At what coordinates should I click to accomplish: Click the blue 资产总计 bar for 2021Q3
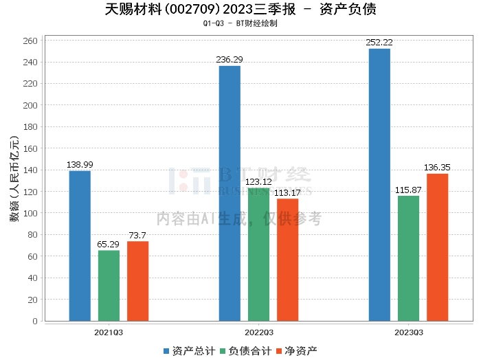tap(80, 245)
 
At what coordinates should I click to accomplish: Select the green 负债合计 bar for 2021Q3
tap(109, 285)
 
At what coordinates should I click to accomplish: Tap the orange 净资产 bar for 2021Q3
tap(137, 281)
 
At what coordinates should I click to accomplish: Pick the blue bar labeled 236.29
tap(230, 193)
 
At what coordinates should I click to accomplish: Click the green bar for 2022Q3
tap(258, 254)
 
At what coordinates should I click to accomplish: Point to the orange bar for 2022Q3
tap(287, 260)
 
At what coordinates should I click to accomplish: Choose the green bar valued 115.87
tap(408, 258)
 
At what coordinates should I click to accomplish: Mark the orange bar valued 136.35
tap(437, 247)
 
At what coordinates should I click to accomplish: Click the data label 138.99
tap(80, 165)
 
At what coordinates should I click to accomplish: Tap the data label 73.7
tap(137, 236)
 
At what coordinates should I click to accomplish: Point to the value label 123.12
tap(258, 182)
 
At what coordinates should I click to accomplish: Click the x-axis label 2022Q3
tap(258, 332)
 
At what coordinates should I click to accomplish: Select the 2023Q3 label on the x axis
tap(408, 332)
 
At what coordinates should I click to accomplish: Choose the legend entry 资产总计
tap(188, 350)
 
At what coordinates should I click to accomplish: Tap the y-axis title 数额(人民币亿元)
tap(13, 182)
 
